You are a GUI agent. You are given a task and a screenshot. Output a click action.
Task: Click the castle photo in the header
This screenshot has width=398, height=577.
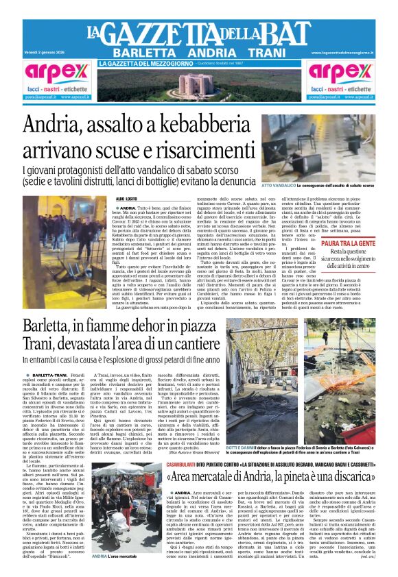pos(199,86)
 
